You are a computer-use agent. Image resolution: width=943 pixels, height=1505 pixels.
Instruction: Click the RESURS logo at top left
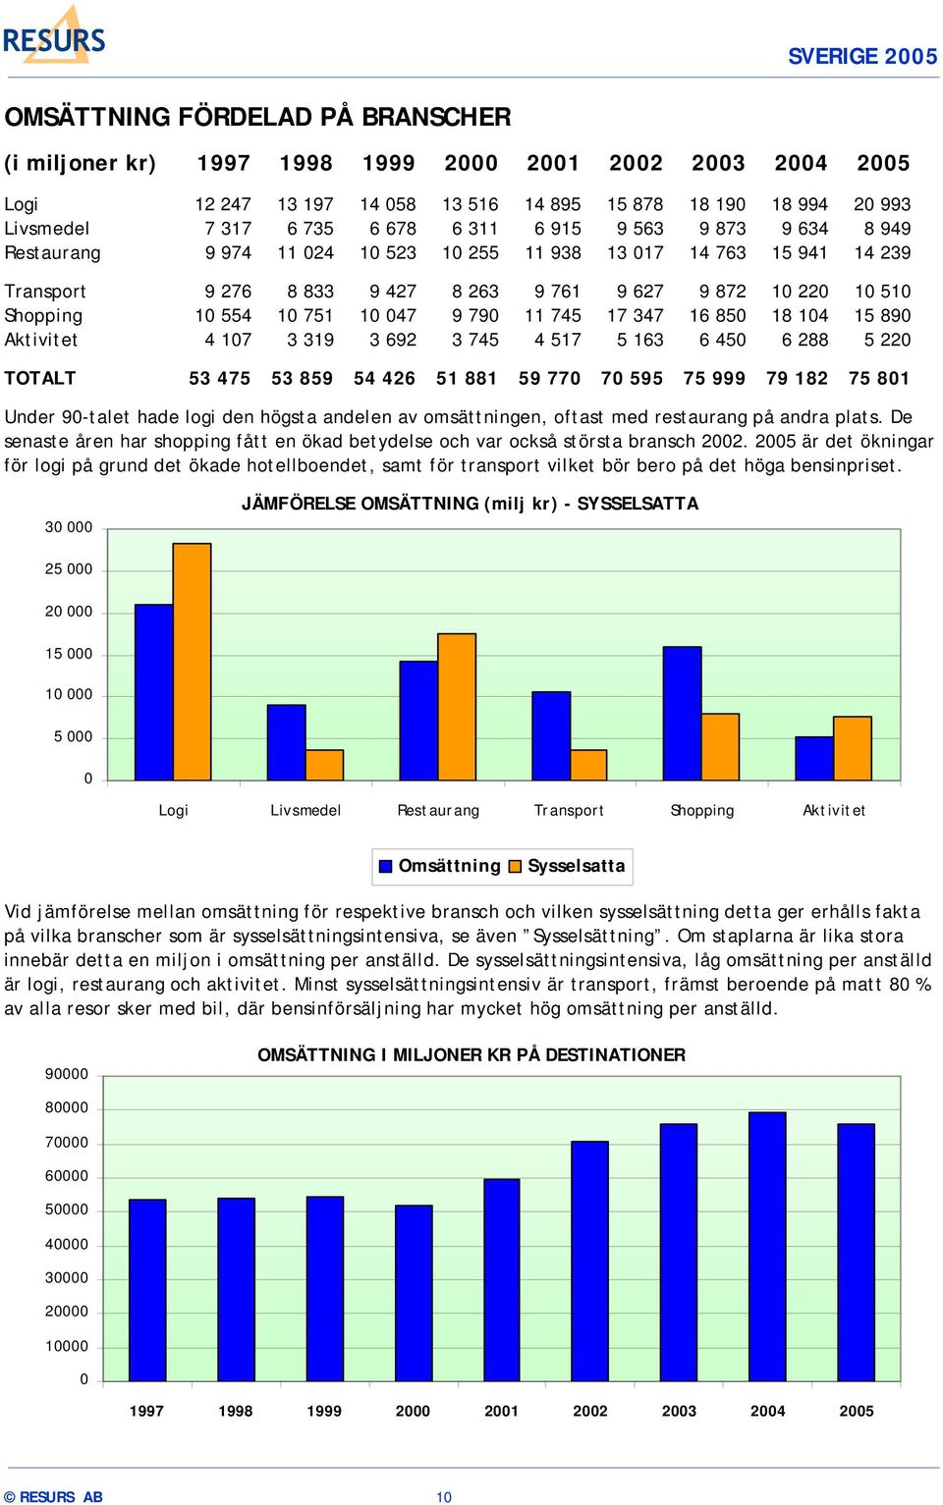pyautogui.click(x=54, y=35)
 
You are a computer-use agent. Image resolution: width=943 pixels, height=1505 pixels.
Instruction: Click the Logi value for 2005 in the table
pyautogui.click(x=882, y=204)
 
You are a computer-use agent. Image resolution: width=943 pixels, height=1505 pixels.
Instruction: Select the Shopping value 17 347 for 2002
pyautogui.click(x=635, y=316)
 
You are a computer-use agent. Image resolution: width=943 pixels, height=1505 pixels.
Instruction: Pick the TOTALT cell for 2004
pyautogui.click(x=797, y=378)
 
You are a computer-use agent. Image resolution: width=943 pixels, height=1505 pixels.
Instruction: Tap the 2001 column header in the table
pyautogui.click(x=552, y=163)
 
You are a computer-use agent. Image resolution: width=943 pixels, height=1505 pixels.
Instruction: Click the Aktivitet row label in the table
pyautogui.click(x=41, y=340)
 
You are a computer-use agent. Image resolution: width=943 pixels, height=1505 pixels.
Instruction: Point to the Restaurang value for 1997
pyautogui.click(x=228, y=252)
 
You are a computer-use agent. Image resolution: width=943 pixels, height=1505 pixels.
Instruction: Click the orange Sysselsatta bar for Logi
pyautogui.click(x=192, y=662)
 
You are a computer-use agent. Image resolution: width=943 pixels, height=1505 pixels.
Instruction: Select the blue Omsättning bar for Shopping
pyautogui.click(x=682, y=714)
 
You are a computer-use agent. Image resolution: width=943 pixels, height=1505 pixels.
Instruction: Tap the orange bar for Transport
pyautogui.click(x=588, y=766)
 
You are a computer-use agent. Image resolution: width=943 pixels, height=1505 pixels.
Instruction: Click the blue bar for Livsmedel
pyautogui.click(x=286, y=742)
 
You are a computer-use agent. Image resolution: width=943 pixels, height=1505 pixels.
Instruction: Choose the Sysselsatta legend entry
pyautogui.click(x=569, y=866)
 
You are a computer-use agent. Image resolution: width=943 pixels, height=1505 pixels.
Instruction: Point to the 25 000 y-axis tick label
pyautogui.click(x=69, y=569)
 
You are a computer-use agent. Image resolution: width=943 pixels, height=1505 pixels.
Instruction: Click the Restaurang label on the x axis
pyautogui.click(x=437, y=810)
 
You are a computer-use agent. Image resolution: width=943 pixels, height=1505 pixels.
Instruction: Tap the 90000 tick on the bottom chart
pyautogui.click(x=67, y=1074)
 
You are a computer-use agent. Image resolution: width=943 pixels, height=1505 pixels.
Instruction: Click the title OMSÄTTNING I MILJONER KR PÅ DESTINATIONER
pyautogui.click(x=471, y=1054)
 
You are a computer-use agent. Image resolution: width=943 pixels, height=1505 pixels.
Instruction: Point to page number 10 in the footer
pyautogui.click(x=444, y=1497)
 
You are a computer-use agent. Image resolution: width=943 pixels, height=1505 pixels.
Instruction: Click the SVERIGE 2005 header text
pyautogui.click(x=862, y=56)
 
